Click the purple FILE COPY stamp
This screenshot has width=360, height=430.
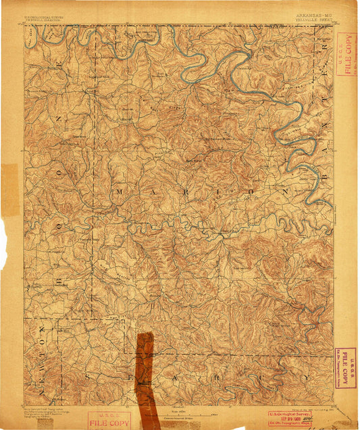(x=345, y=369)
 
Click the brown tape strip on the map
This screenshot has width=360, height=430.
(x=145, y=374)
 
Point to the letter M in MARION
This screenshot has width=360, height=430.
(x=120, y=192)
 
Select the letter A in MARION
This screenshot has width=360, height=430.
(x=157, y=192)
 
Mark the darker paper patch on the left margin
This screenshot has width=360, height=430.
(x=9, y=189)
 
